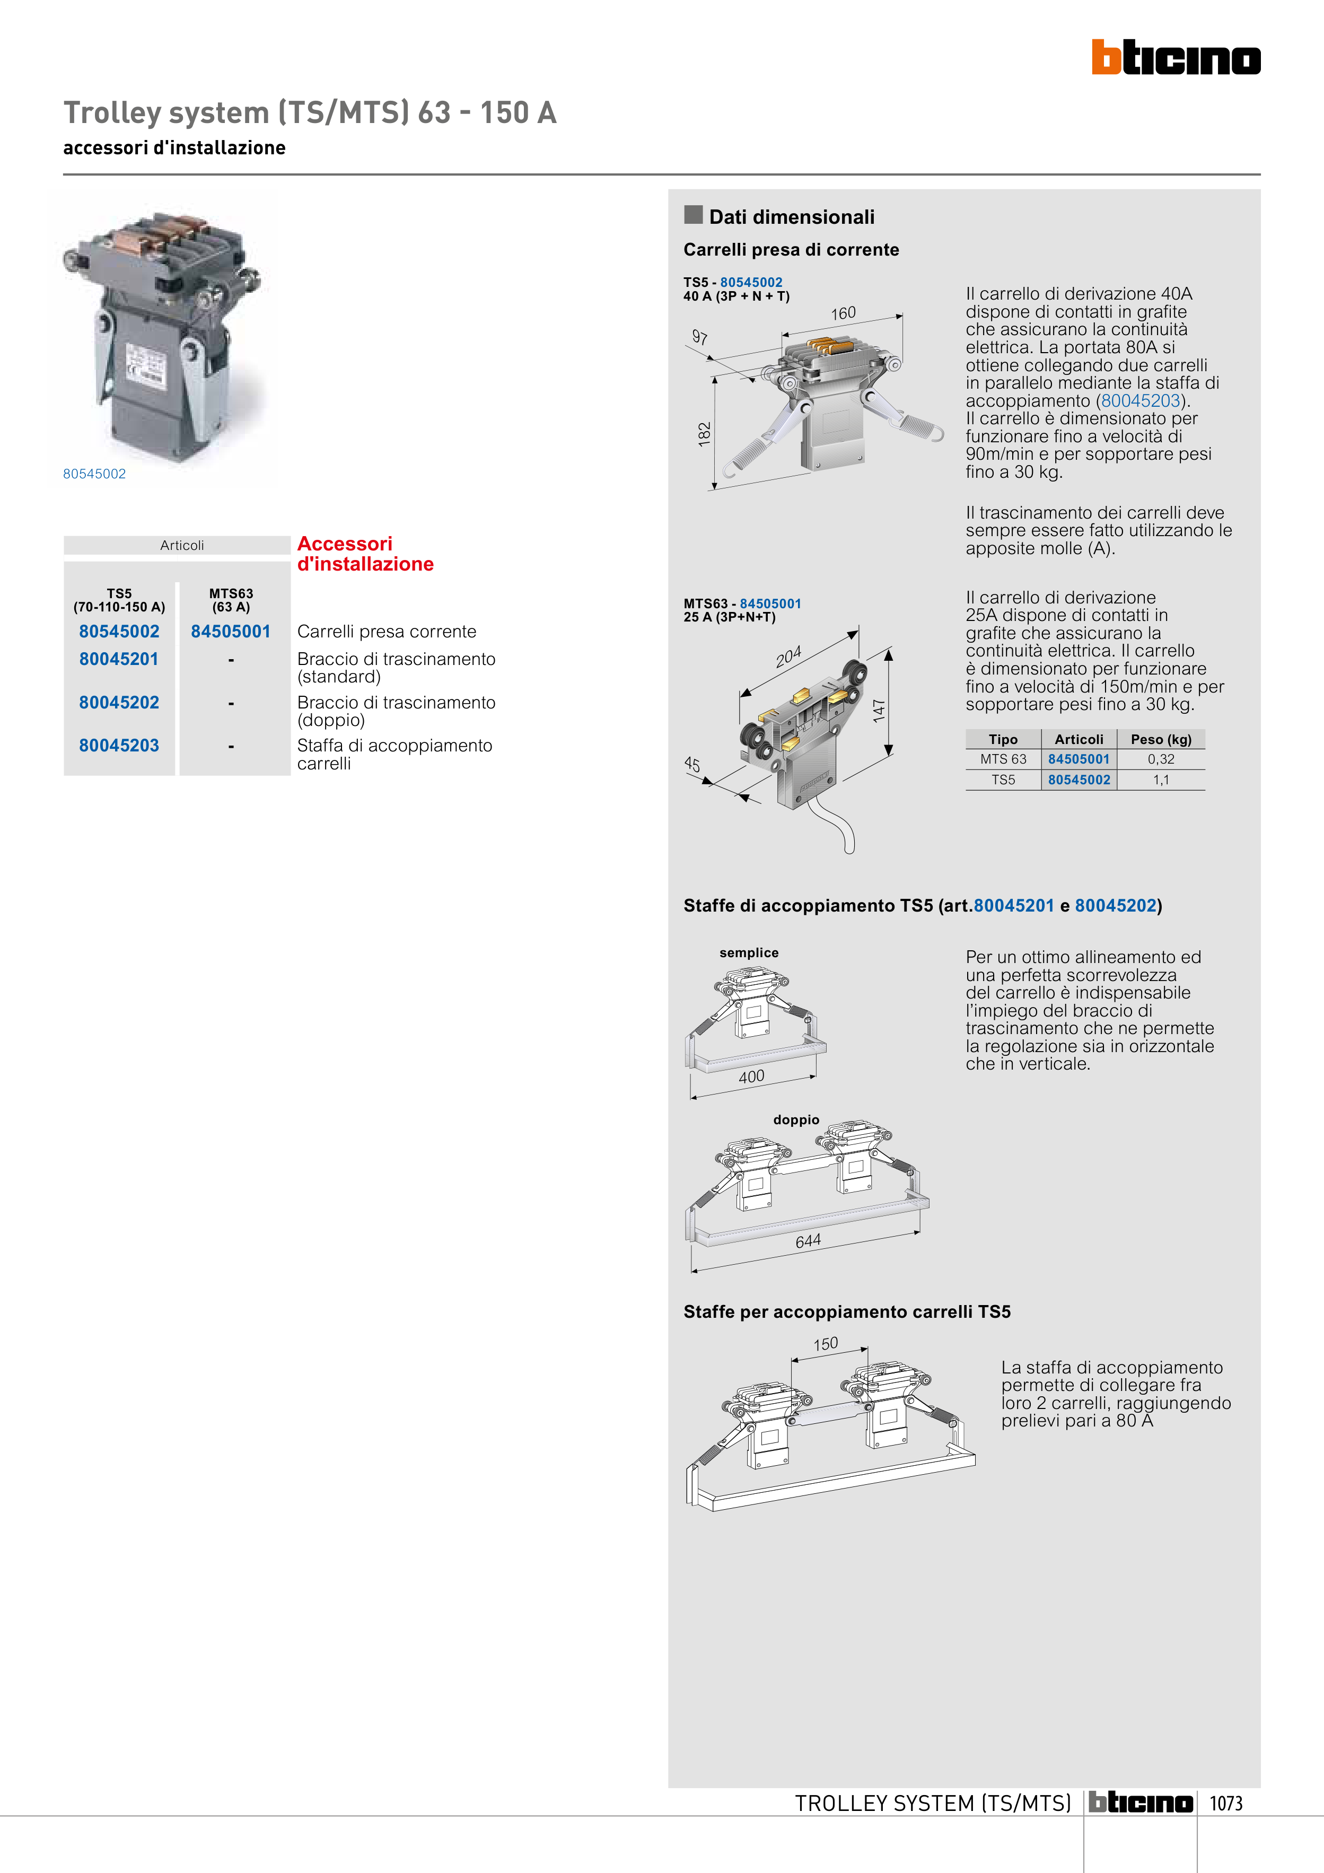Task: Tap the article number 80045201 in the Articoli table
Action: point(119,659)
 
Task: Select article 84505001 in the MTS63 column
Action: point(231,632)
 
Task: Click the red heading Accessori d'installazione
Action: point(365,554)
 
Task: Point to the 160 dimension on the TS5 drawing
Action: point(844,313)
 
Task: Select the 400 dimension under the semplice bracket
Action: point(751,1077)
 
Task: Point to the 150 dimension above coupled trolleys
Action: point(826,1344)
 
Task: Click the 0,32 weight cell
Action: point(1161,759)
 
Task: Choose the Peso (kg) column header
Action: point(1161,739)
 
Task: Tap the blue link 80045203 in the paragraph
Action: point(1141,400)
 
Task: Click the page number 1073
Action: point(1225,1804)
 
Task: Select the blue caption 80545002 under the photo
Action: point(94,474)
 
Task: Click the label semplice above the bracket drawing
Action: point(749,953)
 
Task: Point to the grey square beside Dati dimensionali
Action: point(694,215)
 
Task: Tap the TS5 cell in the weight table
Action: point(1003,780)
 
